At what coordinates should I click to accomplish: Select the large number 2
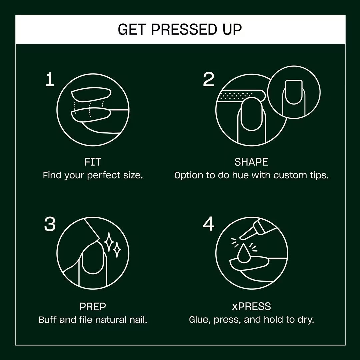pyautogui.click(x=209, y=80)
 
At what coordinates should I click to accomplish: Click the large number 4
pyautogui.click(x=209, y=224)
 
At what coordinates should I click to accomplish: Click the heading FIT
pyautogui.click(x=93, y=162)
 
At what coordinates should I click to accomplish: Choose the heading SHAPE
pyautogui.click(x=251, y=162)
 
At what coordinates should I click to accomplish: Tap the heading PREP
pyautogui.click(x=93, y=306)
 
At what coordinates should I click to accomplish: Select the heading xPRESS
pyautogui.click(x=251, y=306)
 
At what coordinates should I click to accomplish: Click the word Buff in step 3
pyautogui.click(x=48, y=320)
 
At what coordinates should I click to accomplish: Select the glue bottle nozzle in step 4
pyautogui.click(x=246, y=234)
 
